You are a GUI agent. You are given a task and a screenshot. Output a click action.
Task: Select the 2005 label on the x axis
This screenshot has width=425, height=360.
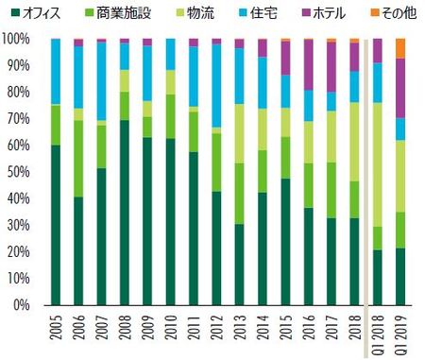pos(56,334)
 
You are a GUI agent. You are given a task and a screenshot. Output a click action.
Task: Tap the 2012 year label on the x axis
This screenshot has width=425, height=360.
pos(216,334)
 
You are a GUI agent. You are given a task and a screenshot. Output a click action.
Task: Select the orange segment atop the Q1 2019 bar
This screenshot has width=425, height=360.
pos(400,48)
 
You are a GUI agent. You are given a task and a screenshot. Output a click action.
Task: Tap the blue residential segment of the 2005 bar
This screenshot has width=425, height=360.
pos(56,71)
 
